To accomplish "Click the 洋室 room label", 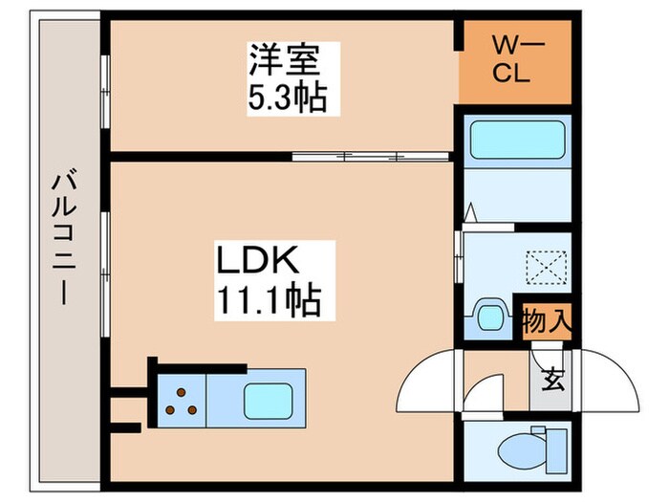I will click(283, 58).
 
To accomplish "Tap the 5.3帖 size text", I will click(283, 97).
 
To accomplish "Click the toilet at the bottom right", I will click(521, 449).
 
